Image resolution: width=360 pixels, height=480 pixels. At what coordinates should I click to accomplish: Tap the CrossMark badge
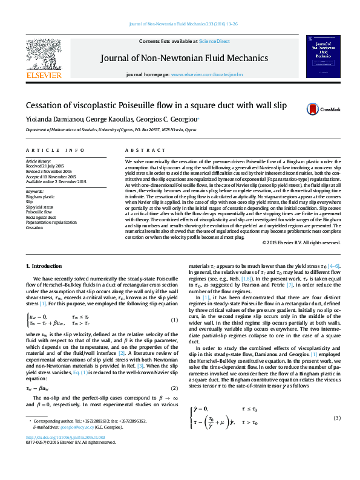pos(318,109)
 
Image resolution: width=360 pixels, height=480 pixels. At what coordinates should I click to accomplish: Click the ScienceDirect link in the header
pos(215,41)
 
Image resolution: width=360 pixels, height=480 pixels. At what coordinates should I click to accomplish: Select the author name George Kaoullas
pos(111,119)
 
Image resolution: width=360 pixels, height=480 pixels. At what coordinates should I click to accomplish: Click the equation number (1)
pos(174,302)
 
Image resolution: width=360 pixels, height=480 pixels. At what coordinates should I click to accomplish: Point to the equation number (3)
pos(337,418)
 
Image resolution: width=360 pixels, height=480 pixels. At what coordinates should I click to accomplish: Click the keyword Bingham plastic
pos(40,196)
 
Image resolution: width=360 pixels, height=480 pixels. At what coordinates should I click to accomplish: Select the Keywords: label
pos(35,191)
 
